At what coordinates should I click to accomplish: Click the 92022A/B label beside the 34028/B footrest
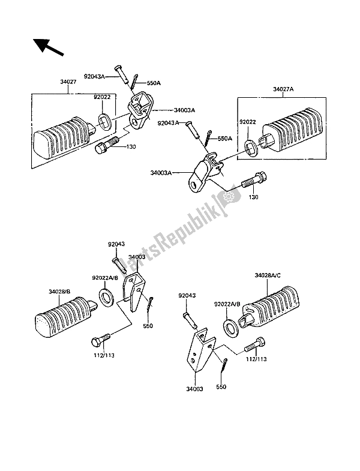104,278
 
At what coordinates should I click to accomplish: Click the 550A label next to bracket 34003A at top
153,82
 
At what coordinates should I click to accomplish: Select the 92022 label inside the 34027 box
101,96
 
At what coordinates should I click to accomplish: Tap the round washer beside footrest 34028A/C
230,327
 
